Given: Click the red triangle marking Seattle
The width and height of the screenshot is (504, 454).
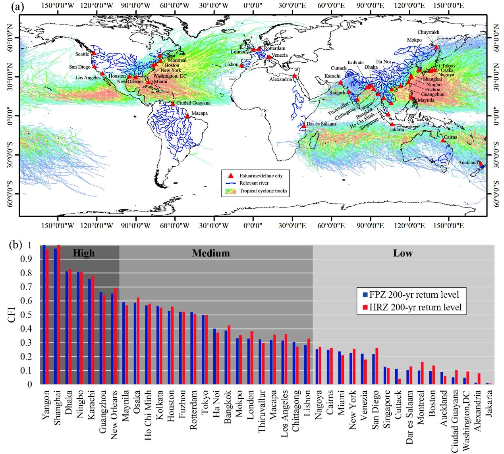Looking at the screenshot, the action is tap(94, 53).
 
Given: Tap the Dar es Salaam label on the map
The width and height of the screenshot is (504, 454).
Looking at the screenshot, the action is tap(321, 124).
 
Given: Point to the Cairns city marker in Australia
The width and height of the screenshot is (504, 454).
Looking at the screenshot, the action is tap(443, 140).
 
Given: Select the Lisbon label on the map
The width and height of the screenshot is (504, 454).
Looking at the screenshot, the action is tap(231, 65).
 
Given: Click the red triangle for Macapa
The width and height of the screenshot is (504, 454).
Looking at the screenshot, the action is tap(187, 117).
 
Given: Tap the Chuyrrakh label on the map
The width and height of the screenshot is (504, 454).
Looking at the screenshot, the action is tap(429, 32).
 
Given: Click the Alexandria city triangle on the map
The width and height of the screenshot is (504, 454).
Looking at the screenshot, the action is tap(294, 76).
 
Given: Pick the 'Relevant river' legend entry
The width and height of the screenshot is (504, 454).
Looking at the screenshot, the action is tap(254, 183).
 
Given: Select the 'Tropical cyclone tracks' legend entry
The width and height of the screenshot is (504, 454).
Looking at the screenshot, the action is tap(263, 191).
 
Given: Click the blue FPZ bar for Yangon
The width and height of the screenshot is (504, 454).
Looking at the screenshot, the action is tap(44, 315).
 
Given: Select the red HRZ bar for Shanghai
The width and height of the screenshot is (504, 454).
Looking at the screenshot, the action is tap(58, 315).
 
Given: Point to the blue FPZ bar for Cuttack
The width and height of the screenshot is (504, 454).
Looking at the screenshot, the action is tap(396, 376).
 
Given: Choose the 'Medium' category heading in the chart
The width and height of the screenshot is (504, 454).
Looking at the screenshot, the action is tap(211, 253).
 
